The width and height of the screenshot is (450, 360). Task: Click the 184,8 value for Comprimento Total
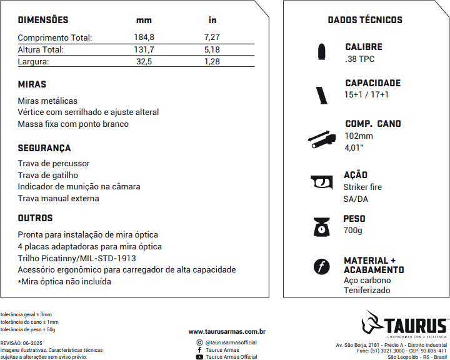[x=144, y=37]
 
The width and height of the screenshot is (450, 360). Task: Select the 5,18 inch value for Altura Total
[x=212, y=49]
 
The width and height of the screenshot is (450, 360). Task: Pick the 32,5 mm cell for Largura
[x=144, y=61]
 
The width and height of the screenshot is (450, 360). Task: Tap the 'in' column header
[x=212, y=21]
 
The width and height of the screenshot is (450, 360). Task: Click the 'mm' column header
[x=144, y=21]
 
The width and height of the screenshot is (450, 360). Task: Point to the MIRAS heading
[x=32, y=84]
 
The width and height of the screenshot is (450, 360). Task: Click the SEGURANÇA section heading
[x=44, y=148]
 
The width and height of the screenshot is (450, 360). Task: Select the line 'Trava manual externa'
[x=58, y=198]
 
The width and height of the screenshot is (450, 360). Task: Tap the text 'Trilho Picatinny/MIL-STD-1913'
[x=77, y=257]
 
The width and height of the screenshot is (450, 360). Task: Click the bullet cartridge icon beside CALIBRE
[x=321, y=52]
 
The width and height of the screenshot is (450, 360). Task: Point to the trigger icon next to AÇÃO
[x=321, y=182]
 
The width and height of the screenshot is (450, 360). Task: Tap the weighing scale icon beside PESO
[x=321, y=226]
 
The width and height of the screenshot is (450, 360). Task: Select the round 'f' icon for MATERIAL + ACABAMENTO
[x=321, y=267]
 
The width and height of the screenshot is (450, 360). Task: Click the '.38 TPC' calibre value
[x=360, y=59]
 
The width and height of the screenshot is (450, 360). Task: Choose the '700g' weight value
[x=353, y=230]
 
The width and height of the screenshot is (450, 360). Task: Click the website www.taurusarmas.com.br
[x=227, y=331]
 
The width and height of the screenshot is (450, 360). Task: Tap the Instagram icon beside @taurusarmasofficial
[x=199, y=342]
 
